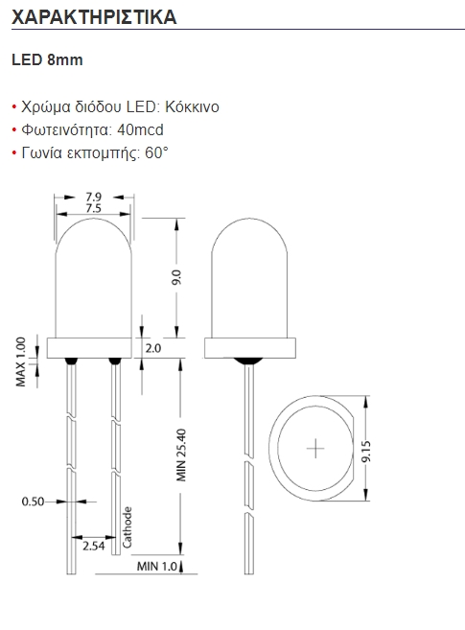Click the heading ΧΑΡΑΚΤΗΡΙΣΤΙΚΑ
tap(94, 17)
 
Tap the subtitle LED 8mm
tap(47, 59)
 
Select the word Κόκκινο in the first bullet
tap(192, 106)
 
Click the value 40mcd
tap(141, 129)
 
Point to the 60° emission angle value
tap(156, 152)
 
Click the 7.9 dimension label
tap(94, 197)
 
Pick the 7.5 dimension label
tap(94, 208)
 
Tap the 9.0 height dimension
tap(176, 278)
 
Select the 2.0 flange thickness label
tap(153, 348)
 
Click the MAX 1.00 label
tap(20, 362)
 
